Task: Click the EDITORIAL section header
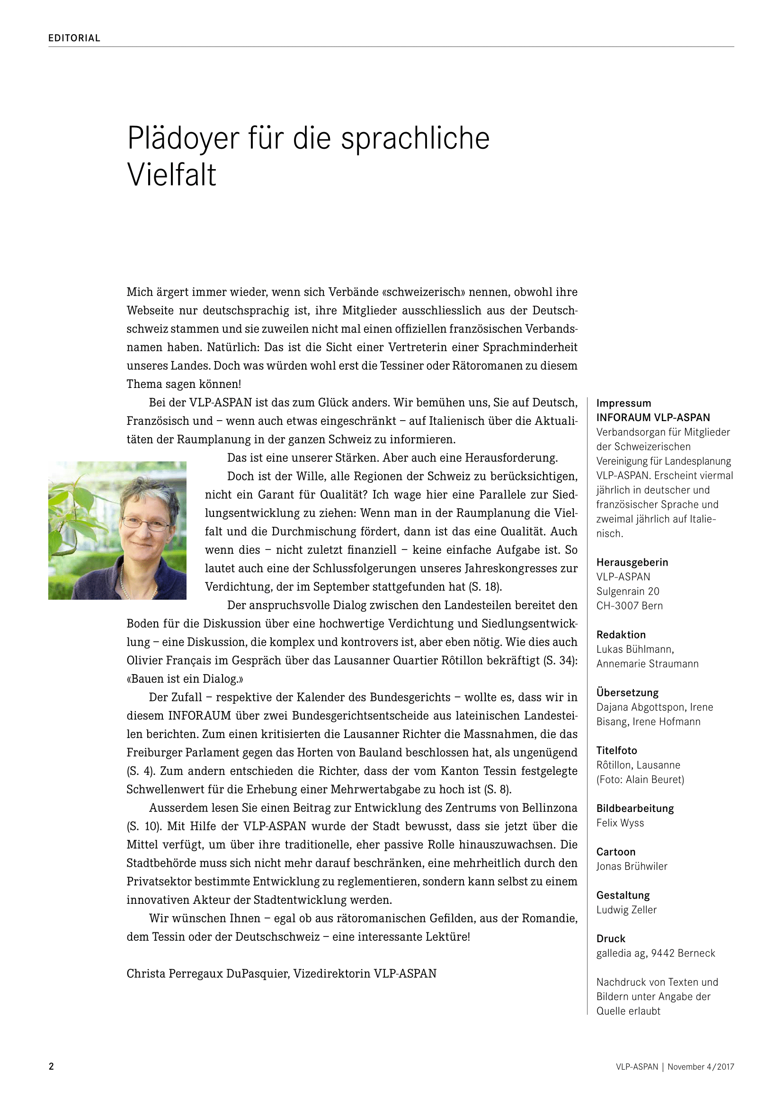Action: coord(74,38)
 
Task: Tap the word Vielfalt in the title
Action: coord(172,175)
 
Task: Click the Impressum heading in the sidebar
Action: coord(623,404)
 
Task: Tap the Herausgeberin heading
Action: coord(632,562)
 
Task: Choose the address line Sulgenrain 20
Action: coord(628,591)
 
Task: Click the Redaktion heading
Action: coord(621,635)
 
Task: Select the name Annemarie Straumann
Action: coord(647,664)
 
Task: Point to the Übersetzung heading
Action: coord(627,693)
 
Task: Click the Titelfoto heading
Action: coord(617,750)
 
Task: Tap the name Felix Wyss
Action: coord(620,823)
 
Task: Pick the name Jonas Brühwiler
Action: coord(632,866)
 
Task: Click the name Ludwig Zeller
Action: coord(626,910)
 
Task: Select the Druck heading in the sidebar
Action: coord(611,938)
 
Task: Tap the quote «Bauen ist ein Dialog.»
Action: coord(185,679)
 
